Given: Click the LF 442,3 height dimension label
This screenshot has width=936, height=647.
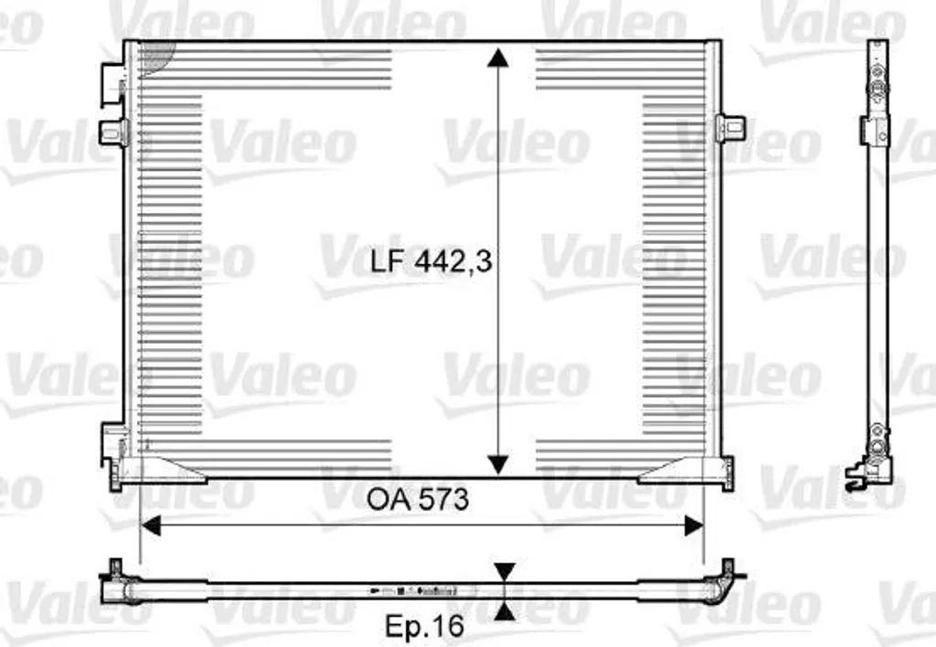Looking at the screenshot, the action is tap(431, 260).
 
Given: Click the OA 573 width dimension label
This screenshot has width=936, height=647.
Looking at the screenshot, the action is tap(417, 500).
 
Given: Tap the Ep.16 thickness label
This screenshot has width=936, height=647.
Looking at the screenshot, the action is tap(424, 626).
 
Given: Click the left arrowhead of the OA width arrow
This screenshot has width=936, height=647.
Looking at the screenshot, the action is tap(151, 525).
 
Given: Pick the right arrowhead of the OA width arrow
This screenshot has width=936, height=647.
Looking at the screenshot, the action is tap(695, 525).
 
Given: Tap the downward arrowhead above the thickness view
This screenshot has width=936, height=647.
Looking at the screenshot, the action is tap(505, 572).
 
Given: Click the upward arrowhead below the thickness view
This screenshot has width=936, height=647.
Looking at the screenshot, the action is tap(505, 610).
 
